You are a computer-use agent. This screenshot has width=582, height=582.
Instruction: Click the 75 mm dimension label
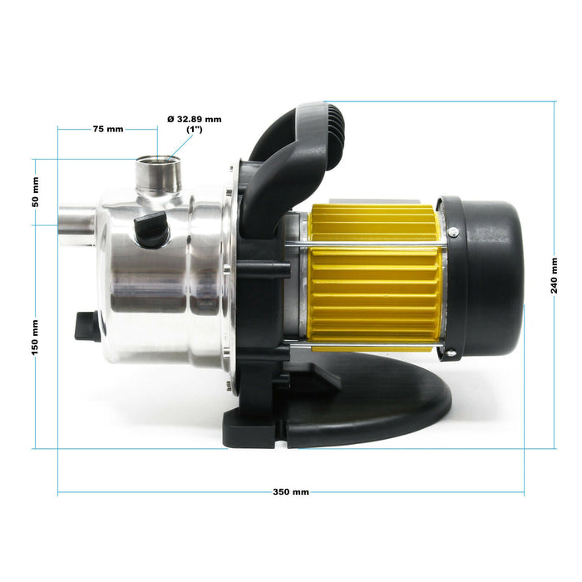pos(107,129)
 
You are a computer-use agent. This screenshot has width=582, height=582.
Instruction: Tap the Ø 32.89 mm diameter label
pos(194,119)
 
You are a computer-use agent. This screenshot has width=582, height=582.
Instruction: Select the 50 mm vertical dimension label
pos(35,192)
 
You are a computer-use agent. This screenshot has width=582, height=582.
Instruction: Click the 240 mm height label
pos(555,275)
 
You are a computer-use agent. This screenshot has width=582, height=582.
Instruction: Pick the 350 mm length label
pos(290,492)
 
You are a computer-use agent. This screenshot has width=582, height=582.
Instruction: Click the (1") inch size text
pos(194,131)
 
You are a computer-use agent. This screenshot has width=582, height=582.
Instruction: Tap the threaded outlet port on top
pos(157,170)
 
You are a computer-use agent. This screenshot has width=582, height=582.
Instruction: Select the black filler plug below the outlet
pos(152,228)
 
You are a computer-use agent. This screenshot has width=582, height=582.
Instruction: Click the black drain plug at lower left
pos(87,326)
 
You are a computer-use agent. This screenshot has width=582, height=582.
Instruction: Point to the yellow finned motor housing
pos(374,279)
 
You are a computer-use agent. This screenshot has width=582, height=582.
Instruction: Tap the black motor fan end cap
pos(486,274)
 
